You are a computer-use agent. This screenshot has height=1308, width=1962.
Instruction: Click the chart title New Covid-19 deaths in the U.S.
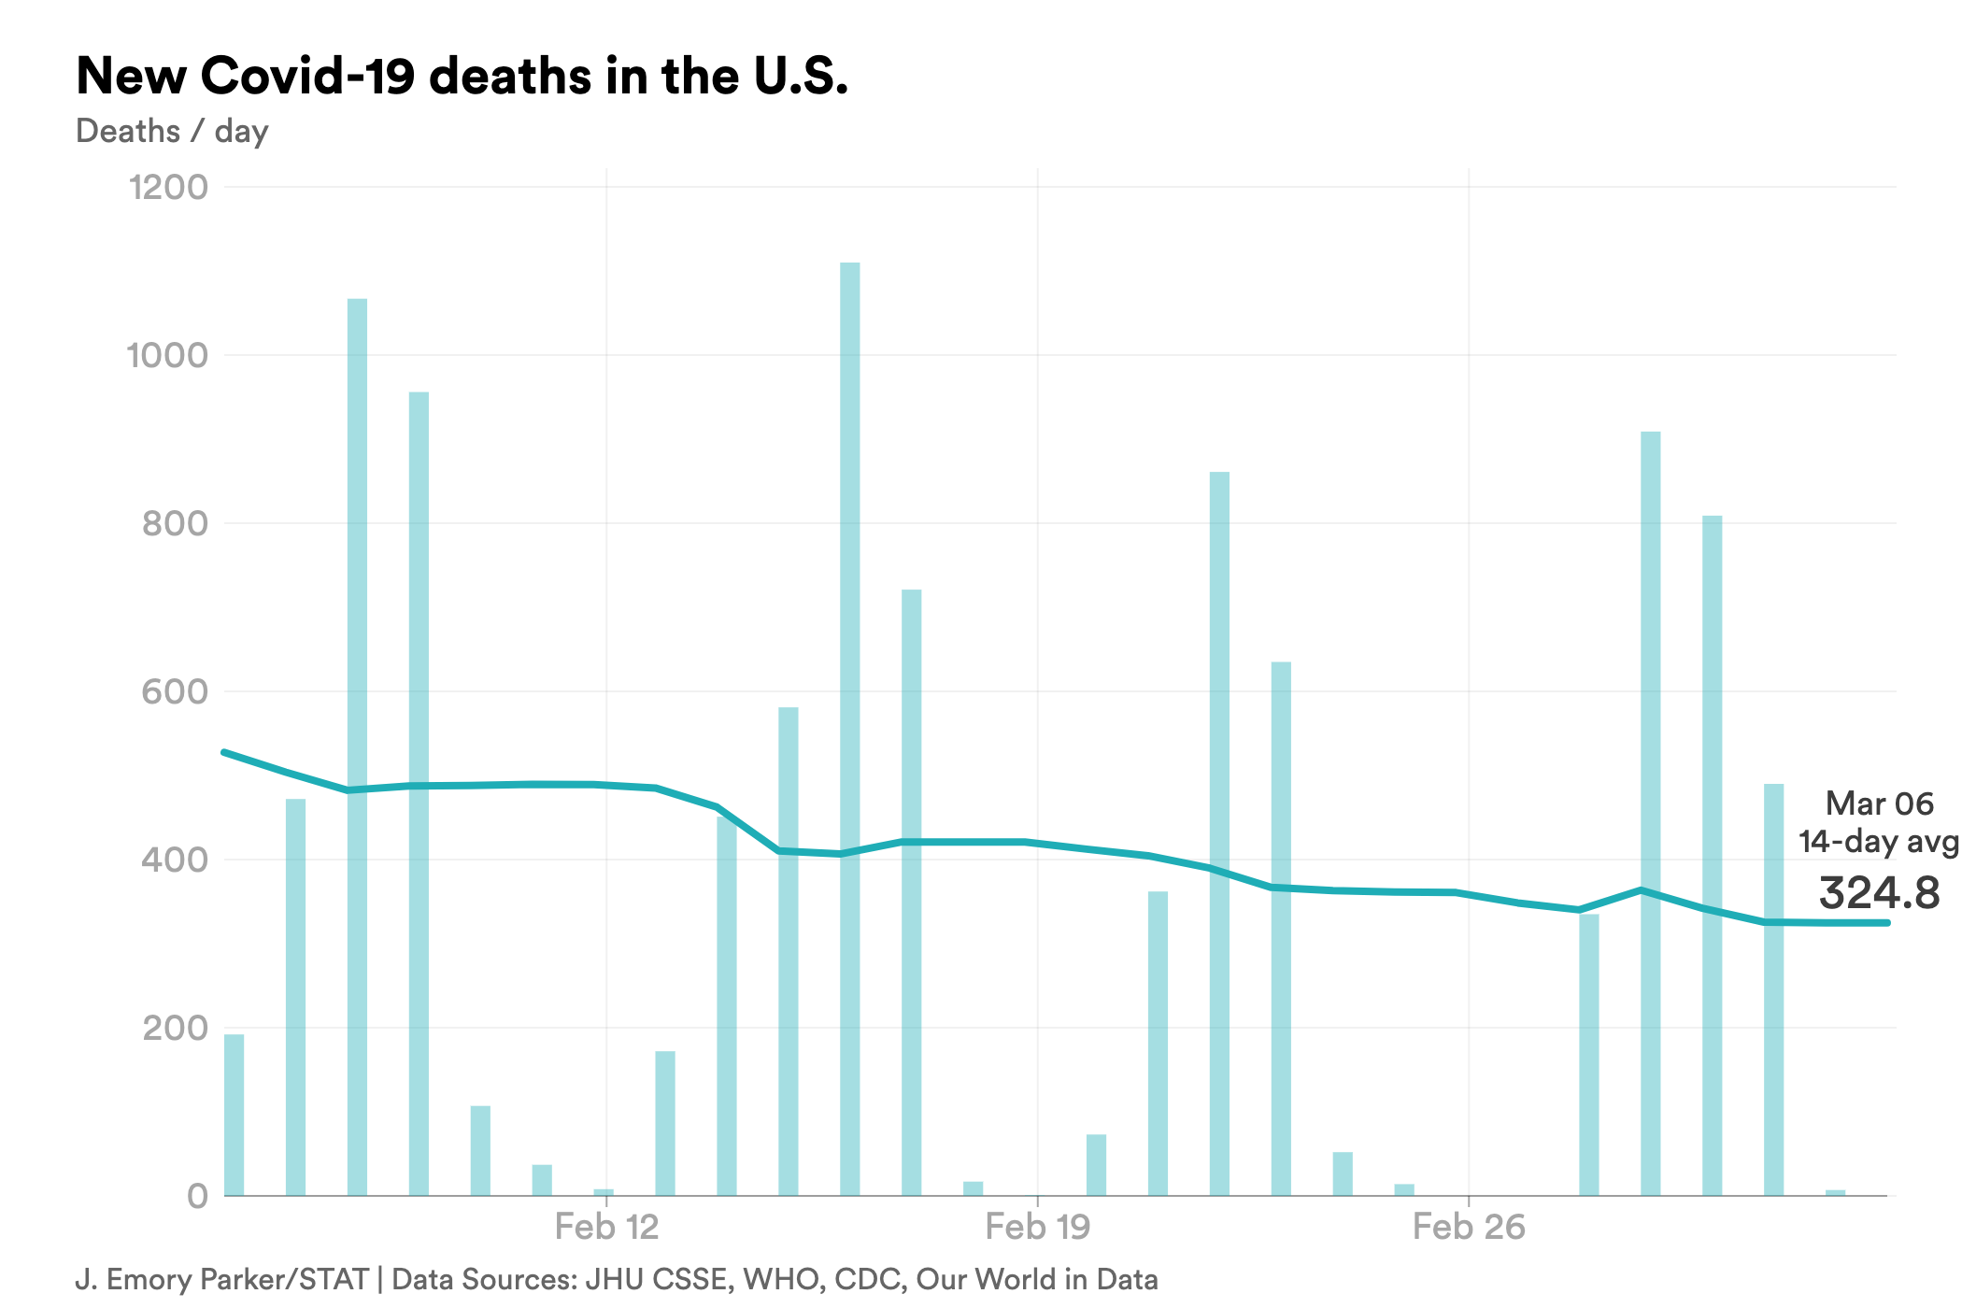tap(462, 76)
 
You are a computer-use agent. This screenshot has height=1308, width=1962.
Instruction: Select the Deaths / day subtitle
tap(172, 131)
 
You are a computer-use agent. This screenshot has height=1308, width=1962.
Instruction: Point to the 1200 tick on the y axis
tap(169, 187)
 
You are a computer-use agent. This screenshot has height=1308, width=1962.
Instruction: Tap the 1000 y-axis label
tap(167, 355)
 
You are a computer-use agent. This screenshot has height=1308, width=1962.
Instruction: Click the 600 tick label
tap(175, 691)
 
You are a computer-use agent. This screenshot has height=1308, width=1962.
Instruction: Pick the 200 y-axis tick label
tap(175, 1028)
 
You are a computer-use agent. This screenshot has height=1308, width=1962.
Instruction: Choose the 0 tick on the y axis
tap(197, 1196)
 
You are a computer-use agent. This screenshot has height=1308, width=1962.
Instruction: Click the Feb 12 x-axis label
tap(606, 1227)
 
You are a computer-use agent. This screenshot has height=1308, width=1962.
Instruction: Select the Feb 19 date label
tap(1037, 1227)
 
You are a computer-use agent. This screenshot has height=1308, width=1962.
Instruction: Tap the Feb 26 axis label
tap(1468, 1227)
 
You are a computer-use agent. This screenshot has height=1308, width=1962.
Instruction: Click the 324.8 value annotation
tap(1879, 892)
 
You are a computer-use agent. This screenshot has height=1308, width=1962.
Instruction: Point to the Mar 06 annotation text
tap(1879, 803)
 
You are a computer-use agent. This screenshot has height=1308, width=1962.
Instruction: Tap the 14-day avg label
tap(1876, 842)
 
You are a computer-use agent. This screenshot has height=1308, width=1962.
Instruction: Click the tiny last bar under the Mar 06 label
tap(1835, 1192)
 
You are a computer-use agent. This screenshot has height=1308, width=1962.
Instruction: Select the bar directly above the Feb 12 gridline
tap(604, 1192)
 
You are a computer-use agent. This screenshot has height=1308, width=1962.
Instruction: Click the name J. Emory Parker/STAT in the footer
tap(221, 1279)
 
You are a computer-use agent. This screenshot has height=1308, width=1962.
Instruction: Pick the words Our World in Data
tap(1036, 1279)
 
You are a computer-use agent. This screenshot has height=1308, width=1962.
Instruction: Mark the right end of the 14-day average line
tap(1887, 923)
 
